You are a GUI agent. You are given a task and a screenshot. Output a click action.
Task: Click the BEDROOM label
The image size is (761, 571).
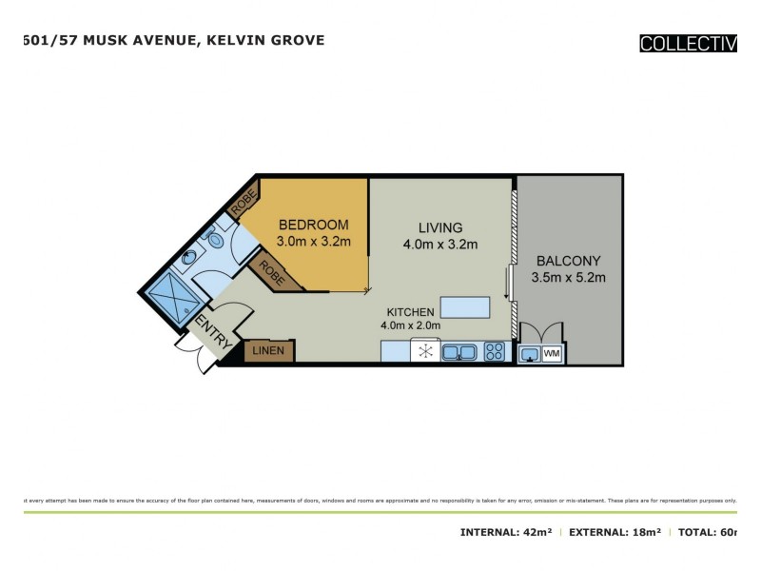pos(313,225)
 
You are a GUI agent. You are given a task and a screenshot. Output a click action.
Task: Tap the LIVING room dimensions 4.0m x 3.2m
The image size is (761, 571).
pos(439,245)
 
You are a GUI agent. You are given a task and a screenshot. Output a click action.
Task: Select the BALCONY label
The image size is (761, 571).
pos(570,261)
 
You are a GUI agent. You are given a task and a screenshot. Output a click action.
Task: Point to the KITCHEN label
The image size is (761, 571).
pos(410,312)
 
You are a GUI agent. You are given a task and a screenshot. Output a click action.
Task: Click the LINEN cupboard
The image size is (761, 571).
pos(270,351)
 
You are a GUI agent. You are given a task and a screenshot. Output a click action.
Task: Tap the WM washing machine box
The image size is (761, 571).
pos(552,354)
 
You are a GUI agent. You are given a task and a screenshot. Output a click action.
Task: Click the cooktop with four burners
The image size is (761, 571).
pos(495,352)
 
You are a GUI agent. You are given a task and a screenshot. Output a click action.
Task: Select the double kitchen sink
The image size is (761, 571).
pos(459,352)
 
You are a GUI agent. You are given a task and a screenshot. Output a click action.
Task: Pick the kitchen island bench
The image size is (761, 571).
pos(465,307)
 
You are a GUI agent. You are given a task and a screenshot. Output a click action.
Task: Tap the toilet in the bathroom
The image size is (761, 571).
pos(212,234)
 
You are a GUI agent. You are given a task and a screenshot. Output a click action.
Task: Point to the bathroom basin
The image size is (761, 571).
pos(189,258)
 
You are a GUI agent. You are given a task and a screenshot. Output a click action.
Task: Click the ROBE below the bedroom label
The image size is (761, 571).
pos(273,275)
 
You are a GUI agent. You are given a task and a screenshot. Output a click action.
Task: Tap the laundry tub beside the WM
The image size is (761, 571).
pos(529,354)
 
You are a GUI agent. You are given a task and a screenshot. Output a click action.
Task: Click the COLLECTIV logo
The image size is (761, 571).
pos(688,43)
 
